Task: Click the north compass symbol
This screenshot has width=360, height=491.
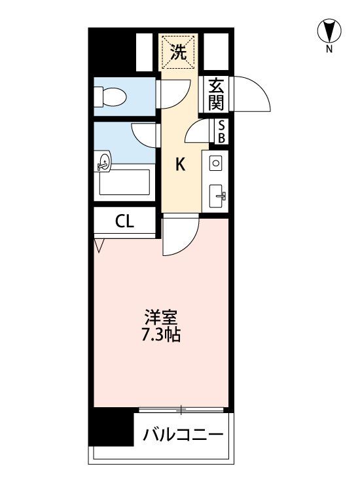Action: [329, 31]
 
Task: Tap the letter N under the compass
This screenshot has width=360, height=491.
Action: [329, 49]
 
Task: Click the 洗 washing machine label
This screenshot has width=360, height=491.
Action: [179, 52]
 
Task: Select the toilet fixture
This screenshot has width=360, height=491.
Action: [110, 96]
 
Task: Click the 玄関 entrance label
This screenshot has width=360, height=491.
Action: [216, 94]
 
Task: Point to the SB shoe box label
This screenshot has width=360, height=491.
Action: [221, 132]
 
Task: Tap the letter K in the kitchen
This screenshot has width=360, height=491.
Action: [180, 164]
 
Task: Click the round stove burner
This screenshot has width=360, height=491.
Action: [216, 163]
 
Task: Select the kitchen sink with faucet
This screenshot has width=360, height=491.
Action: [217, 196]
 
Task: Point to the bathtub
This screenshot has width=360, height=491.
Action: [124, 182]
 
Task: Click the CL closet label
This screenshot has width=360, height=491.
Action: [124, 221]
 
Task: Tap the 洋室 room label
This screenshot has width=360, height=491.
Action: [161, 318]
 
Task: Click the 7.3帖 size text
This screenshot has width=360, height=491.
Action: [161, 335]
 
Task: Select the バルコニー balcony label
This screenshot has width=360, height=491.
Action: [183, 435]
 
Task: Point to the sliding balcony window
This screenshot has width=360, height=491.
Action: [181, 409]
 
